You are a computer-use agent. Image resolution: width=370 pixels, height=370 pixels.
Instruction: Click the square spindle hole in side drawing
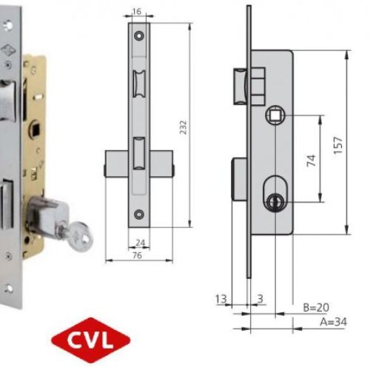tap(274, 114)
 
